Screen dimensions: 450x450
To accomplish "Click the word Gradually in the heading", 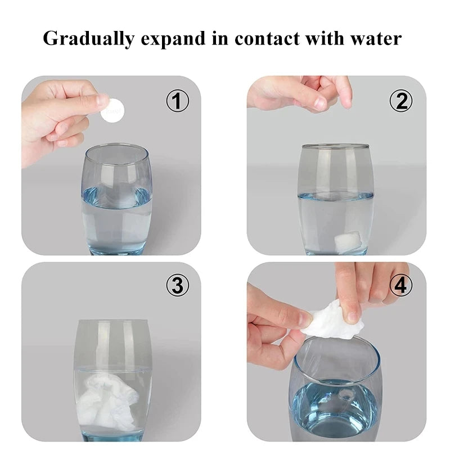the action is (89, 38).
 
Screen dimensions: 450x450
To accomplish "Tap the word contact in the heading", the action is (267, 38).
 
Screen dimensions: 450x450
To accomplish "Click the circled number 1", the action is (178, 101).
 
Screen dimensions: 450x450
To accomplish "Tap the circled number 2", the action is (401, 101).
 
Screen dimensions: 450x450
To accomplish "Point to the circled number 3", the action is (178, 285).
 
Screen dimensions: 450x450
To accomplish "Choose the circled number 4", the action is (401, 285).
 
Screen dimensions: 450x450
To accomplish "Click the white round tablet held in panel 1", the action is (113, 111).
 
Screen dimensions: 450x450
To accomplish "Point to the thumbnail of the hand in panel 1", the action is (103, 101).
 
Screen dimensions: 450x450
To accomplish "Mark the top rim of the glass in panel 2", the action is (335, 147).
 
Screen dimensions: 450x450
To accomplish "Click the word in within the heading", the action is (220, 38).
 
